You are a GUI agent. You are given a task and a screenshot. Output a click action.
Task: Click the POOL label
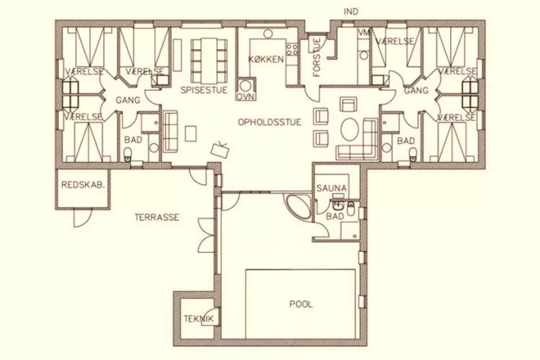301,304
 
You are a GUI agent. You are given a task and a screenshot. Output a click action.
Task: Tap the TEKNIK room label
199,319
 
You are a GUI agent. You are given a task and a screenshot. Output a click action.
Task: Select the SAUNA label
331,189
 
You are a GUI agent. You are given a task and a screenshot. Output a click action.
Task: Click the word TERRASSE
157,217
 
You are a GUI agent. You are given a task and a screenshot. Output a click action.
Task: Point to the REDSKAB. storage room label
83,185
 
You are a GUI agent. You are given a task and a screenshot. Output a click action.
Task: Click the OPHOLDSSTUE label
270,122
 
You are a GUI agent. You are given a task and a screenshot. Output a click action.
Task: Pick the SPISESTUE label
204,90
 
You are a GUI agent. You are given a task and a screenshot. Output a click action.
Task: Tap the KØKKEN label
266,59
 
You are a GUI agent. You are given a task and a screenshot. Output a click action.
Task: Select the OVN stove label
246,96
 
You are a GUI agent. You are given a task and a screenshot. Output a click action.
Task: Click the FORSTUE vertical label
317,57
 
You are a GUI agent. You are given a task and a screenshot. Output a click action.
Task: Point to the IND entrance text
351,12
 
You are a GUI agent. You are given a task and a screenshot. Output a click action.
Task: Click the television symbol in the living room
220,149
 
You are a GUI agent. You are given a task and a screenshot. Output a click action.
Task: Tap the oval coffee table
351,130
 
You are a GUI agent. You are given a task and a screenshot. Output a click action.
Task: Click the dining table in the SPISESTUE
210,59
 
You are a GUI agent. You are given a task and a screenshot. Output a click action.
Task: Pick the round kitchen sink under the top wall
268,34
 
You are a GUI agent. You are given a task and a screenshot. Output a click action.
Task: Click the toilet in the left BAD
128,153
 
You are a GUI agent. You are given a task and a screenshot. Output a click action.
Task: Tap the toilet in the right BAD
413,153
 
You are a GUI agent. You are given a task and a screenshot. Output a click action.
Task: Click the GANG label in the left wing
127,100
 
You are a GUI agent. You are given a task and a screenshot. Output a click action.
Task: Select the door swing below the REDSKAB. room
82,218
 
